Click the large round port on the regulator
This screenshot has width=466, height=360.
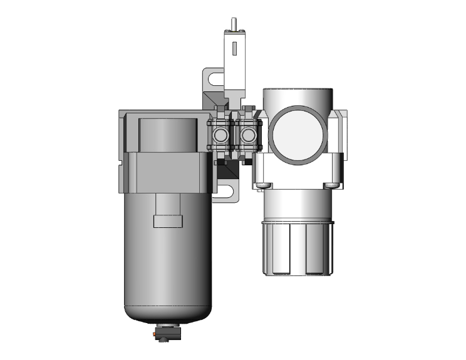coord(298,135)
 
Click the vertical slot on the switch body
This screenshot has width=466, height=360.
coord(234,49)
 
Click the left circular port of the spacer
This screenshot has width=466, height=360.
coord(220,135)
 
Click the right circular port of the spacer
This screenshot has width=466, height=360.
coord(249,135)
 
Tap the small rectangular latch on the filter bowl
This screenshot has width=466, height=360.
coord(168,221)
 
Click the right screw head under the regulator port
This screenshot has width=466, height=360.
coord(331,185)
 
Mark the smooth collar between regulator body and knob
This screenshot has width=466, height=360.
coord(298,203)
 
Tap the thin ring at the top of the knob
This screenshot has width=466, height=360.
coord(298,222)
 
